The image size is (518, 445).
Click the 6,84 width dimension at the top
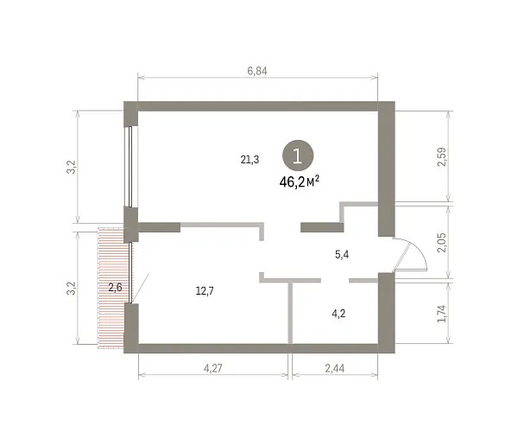tap(257, 71)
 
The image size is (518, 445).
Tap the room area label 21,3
tap(250, 160)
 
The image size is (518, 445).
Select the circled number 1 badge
tap(298, 156)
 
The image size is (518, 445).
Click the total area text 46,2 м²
tap(300, 181)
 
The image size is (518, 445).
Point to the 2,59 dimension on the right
tap(442, 156)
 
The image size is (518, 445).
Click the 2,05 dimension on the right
tap(442, 243)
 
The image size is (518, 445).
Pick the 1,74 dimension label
tap(442, 314)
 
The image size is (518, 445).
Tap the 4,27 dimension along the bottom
tap(213, 368)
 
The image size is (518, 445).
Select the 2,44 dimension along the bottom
tap(335, 368)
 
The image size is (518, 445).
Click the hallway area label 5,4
tap(342, 255)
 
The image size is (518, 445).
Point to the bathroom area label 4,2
tap(338, 313)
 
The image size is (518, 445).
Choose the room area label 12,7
tap(205, 291)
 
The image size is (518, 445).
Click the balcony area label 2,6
tap(116, 287)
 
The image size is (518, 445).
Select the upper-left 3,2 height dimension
tap(72, 167)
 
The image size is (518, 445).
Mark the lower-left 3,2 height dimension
tap(72, 288)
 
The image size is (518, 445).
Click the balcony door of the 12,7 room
tap(131, 273)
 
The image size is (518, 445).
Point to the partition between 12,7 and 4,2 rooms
tap(290, 313)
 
